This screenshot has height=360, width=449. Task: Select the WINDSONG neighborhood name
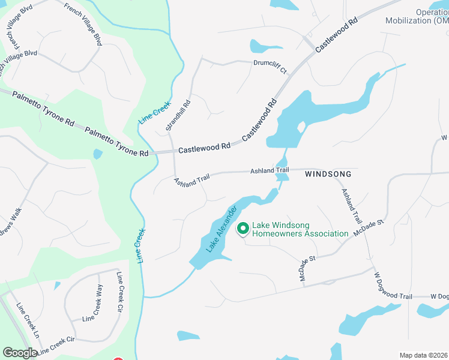(x=328, y=174)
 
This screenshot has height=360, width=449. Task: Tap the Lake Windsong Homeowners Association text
(x=300, y=229)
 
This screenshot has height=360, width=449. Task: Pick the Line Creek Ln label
(x=27, y=328)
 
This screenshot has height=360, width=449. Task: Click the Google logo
(x=20, y=353)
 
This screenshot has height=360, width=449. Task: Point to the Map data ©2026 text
(x=424, y=355)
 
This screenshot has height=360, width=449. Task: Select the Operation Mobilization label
(x=432, y=16)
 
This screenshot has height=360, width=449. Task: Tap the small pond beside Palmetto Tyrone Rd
(x=98, y=154)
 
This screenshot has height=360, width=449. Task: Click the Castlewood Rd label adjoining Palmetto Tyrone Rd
(x=204, y=147)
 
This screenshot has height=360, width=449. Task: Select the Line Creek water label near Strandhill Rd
(x=155, y=112)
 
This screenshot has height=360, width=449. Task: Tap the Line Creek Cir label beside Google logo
(x=57, y=345)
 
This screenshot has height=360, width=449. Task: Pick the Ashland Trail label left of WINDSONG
(x=270, y=171)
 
